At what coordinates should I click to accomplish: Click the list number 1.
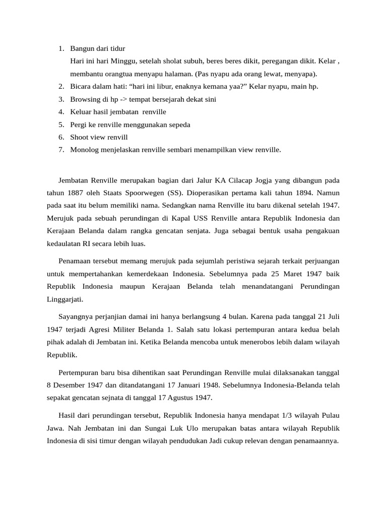[x=60, y=48]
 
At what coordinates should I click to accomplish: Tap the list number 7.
[x=60, y=149]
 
